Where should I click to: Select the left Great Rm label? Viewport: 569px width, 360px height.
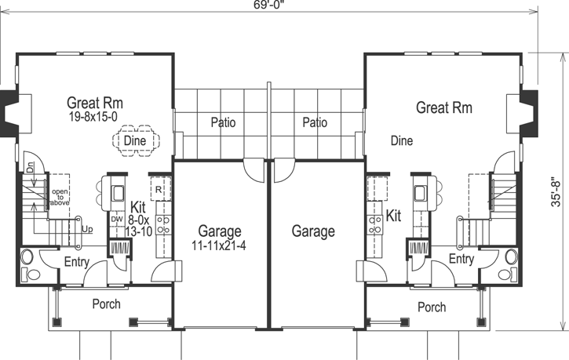coord(95,102)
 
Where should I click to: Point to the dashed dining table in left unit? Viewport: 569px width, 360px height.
coord(136,141)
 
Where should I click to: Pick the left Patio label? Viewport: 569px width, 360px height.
coord(223,122)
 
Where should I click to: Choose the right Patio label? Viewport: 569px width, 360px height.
coord(314,122)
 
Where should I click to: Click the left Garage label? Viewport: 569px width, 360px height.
coord(219,231)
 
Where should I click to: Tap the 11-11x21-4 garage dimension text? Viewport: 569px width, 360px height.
coord(219,245)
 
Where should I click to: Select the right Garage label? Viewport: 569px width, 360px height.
coord(313,231)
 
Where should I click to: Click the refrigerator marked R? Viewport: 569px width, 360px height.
coord(159,190)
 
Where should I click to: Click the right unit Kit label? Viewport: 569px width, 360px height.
coord(394,214)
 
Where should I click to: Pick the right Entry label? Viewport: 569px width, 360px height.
coord(461,259)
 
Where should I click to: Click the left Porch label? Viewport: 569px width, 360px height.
coord(106,304)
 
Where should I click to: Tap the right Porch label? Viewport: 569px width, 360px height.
coord(432,307)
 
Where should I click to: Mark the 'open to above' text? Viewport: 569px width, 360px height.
coord(60,197)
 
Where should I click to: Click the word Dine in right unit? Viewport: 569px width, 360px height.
coord(401,141)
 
